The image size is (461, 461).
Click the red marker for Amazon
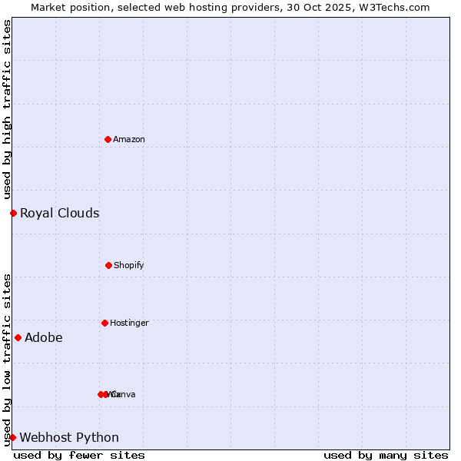pyautogui.click(x=108, y=139)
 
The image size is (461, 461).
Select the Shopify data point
pyautogui.click(x=108, y=265)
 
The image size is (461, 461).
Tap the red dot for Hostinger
pyautogui.click(x=104, y=323)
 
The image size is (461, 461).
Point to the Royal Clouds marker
pyautogui.click(x=13, y=213)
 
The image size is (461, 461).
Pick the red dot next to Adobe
pyautogui.click(x=18, y=337)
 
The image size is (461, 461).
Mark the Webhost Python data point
pyautogui.click(x=12, y=437)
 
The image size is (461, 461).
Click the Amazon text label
pyautogui.click(x=129, y=139)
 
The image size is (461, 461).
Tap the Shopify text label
pyautogui.click(x=129, y=265)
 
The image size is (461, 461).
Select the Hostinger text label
pyautogui.click(x=129, y=323)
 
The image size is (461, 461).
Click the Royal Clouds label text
pyautogui.click(x=59, y=213)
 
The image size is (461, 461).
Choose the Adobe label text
pyautogui.click(x=44, y=337)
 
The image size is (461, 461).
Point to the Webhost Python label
pyautogui.click(x=69, y=437)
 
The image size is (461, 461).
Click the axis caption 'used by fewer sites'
pyautogui.click(x=79, y=455)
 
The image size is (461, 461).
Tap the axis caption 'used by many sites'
pyautogui.click(x=386, y=455)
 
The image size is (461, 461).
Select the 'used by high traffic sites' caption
pyautogui.click(x=8, y=109)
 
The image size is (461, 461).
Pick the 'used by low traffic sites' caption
pyautogui.click(x=8, y=360)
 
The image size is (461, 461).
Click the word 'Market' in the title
pyautogui.click(x=48, y=7)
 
